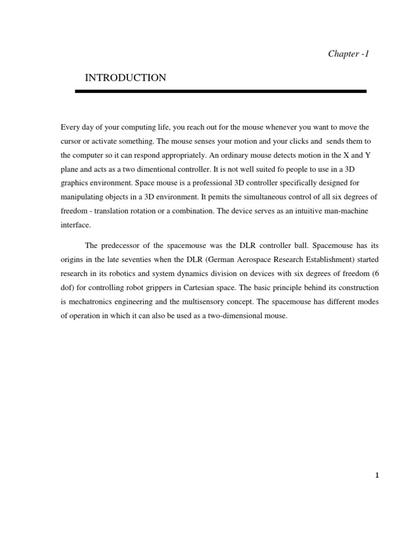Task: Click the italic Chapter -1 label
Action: point(348,54)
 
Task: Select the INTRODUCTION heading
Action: point(125,79)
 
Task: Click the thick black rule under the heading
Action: point(220,91)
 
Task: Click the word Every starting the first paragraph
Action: point(70,128)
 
